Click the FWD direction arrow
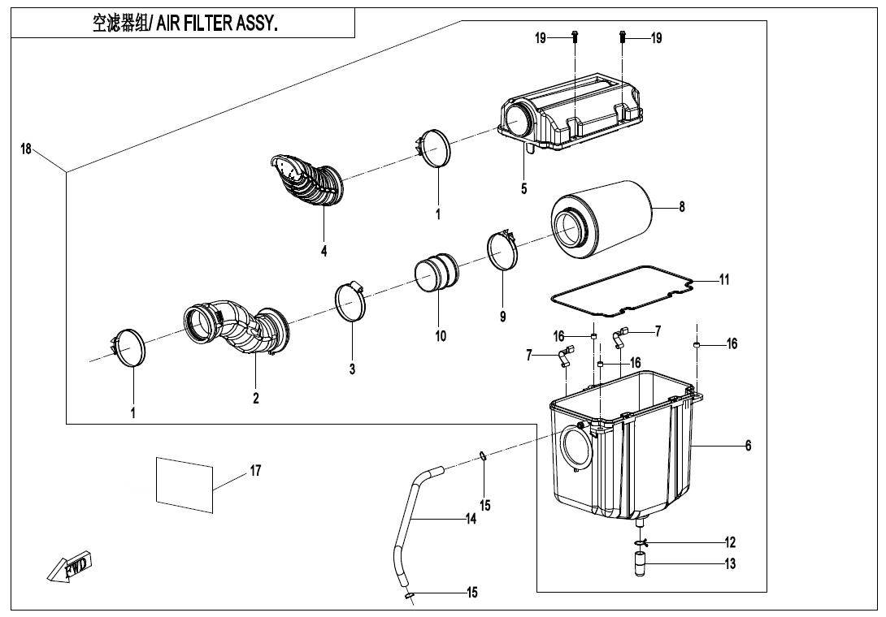(x=68, y=566)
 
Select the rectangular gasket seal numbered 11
(x=623, y=291)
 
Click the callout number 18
(x=26, y=149)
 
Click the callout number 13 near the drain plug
(x=730, y=563)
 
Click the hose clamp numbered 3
(x=350, y=300)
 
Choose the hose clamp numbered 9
(x=503, y=251)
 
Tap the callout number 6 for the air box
(x=748, y=446)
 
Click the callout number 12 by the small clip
(x=730, y=542)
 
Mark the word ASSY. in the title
(x=258, y=24)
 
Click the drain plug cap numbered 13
(x=640, y=564)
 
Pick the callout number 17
(x=255, y=470)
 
